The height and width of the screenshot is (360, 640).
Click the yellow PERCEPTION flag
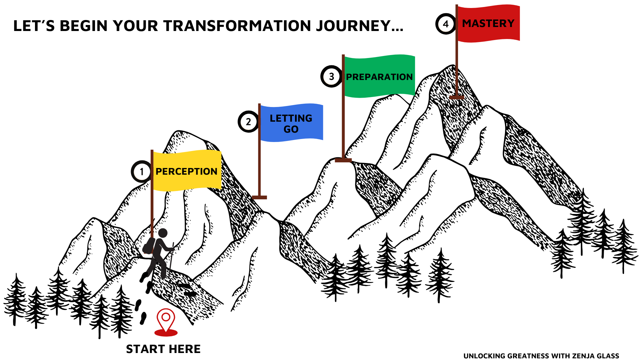click(187, 170)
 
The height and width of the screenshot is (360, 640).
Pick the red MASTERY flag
click(489, 23)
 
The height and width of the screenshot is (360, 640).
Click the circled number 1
click(141, 172)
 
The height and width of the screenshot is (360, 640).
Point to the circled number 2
click(248, 122)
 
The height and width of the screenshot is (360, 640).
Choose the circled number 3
click(331, 76)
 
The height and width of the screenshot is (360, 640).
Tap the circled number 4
click(446, 24)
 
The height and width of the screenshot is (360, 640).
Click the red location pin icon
click(166, 322)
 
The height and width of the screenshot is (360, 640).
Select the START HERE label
click(163, 349)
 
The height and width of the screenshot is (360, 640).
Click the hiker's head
click(163, 233)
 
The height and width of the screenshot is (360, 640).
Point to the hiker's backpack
click(149, 246)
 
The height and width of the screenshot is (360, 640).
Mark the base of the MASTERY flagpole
click(457, 97)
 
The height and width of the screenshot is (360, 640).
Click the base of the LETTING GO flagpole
click(259, 197)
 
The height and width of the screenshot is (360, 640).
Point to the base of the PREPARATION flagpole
click(343, 160)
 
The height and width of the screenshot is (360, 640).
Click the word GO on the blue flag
click(291, 129)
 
